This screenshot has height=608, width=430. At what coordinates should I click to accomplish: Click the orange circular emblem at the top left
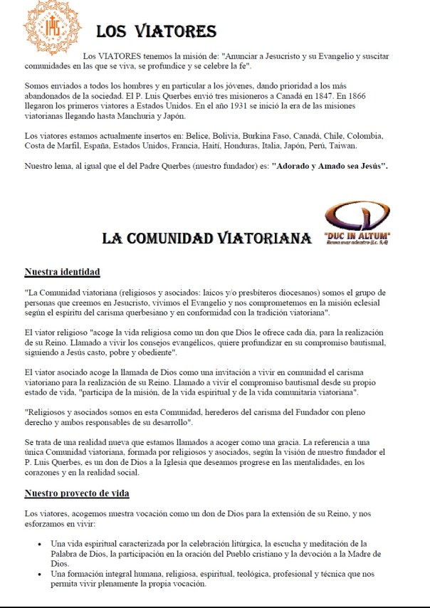coord(53,28)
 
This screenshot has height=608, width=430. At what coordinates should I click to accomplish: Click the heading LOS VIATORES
coord(157,31)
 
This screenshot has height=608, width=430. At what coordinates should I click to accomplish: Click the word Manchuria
coord(154,118)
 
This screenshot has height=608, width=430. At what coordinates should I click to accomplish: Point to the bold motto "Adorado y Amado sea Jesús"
coord(333,166)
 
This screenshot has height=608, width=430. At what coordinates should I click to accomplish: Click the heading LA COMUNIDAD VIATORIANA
coord(206,238)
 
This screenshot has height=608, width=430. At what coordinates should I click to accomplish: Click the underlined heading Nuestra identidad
coord(62,272)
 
